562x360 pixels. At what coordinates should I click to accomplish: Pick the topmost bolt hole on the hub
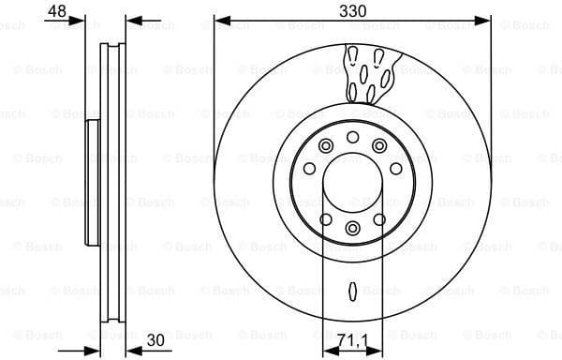tap(352, 138)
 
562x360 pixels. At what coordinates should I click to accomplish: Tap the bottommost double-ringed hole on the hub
tap(352, 228)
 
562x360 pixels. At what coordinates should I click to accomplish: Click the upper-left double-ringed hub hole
tap(325, 146)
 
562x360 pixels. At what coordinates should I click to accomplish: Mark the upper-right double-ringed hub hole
tap(379, 146)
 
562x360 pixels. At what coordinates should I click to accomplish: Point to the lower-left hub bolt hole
tap(325, 219)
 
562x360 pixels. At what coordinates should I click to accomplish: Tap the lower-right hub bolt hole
tap(379, 219)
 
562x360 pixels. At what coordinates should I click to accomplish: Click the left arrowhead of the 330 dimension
tap(219, 19)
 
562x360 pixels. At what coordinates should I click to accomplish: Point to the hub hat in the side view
tap(93, 183)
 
